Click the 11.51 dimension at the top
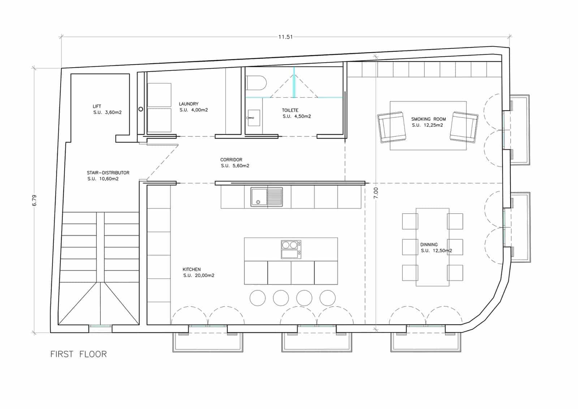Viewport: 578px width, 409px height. point(285,37)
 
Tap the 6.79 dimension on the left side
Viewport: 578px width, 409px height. point(35,200)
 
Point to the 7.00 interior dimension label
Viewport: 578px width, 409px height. point(376,193)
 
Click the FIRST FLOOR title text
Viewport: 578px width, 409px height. point(78,354)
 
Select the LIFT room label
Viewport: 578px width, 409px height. point(97,106)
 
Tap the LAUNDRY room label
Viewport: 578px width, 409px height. point(189,104)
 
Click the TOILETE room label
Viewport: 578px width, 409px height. point(290,110)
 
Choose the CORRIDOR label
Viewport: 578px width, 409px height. point(231,160)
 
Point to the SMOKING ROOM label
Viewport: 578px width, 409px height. point(428,119)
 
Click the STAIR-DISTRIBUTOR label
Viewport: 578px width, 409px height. point(108,173)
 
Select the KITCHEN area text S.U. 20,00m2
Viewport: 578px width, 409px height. point(199,276)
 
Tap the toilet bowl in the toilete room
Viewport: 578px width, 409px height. point(256,83)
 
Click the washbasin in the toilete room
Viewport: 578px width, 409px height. point(254,118)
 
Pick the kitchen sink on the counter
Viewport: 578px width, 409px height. point(267,197)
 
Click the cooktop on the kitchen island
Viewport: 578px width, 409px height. point(291,250)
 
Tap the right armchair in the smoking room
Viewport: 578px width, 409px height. point(464,127)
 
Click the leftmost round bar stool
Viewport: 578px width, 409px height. point(258,298)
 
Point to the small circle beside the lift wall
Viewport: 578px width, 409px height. point(141,109)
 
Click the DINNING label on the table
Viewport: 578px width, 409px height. point(429,245)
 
